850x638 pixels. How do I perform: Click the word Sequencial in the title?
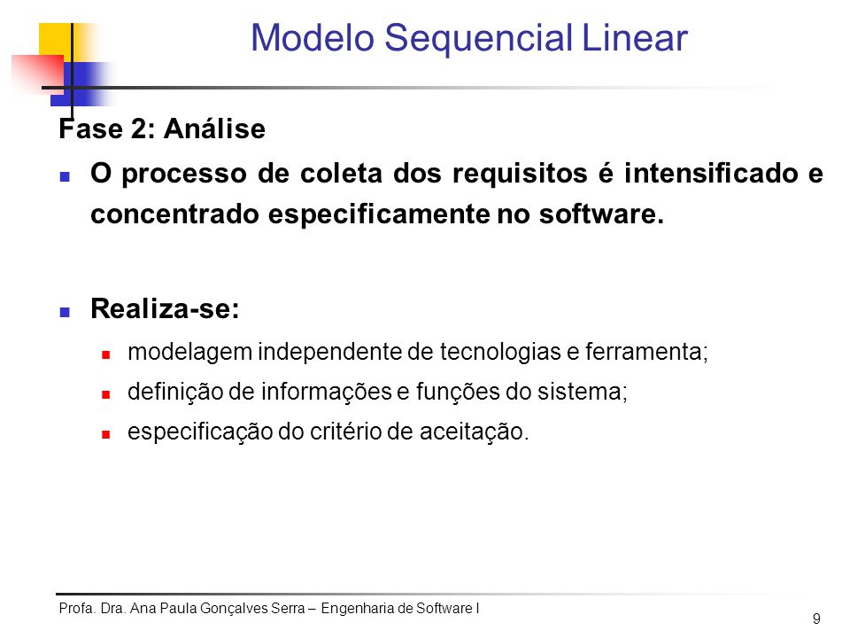point(479,40)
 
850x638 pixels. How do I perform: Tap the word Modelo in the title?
point(313,38)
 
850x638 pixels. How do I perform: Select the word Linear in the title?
point(635,38)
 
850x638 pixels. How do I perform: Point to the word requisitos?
point(520,175)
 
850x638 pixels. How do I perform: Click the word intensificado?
point(711,174)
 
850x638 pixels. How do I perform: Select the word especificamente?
point(380,215)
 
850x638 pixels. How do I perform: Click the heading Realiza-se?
point(165,308)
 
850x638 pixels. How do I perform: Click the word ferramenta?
point(646,352)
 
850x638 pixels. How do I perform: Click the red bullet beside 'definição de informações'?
point(105,394)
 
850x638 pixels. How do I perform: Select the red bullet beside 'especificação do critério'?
point(105,434)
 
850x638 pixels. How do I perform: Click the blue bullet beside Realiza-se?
point(65,312)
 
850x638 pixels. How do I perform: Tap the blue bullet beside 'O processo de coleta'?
point(65,176)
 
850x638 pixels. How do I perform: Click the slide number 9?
point(816,619)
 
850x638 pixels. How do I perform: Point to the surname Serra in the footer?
point(288,608)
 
